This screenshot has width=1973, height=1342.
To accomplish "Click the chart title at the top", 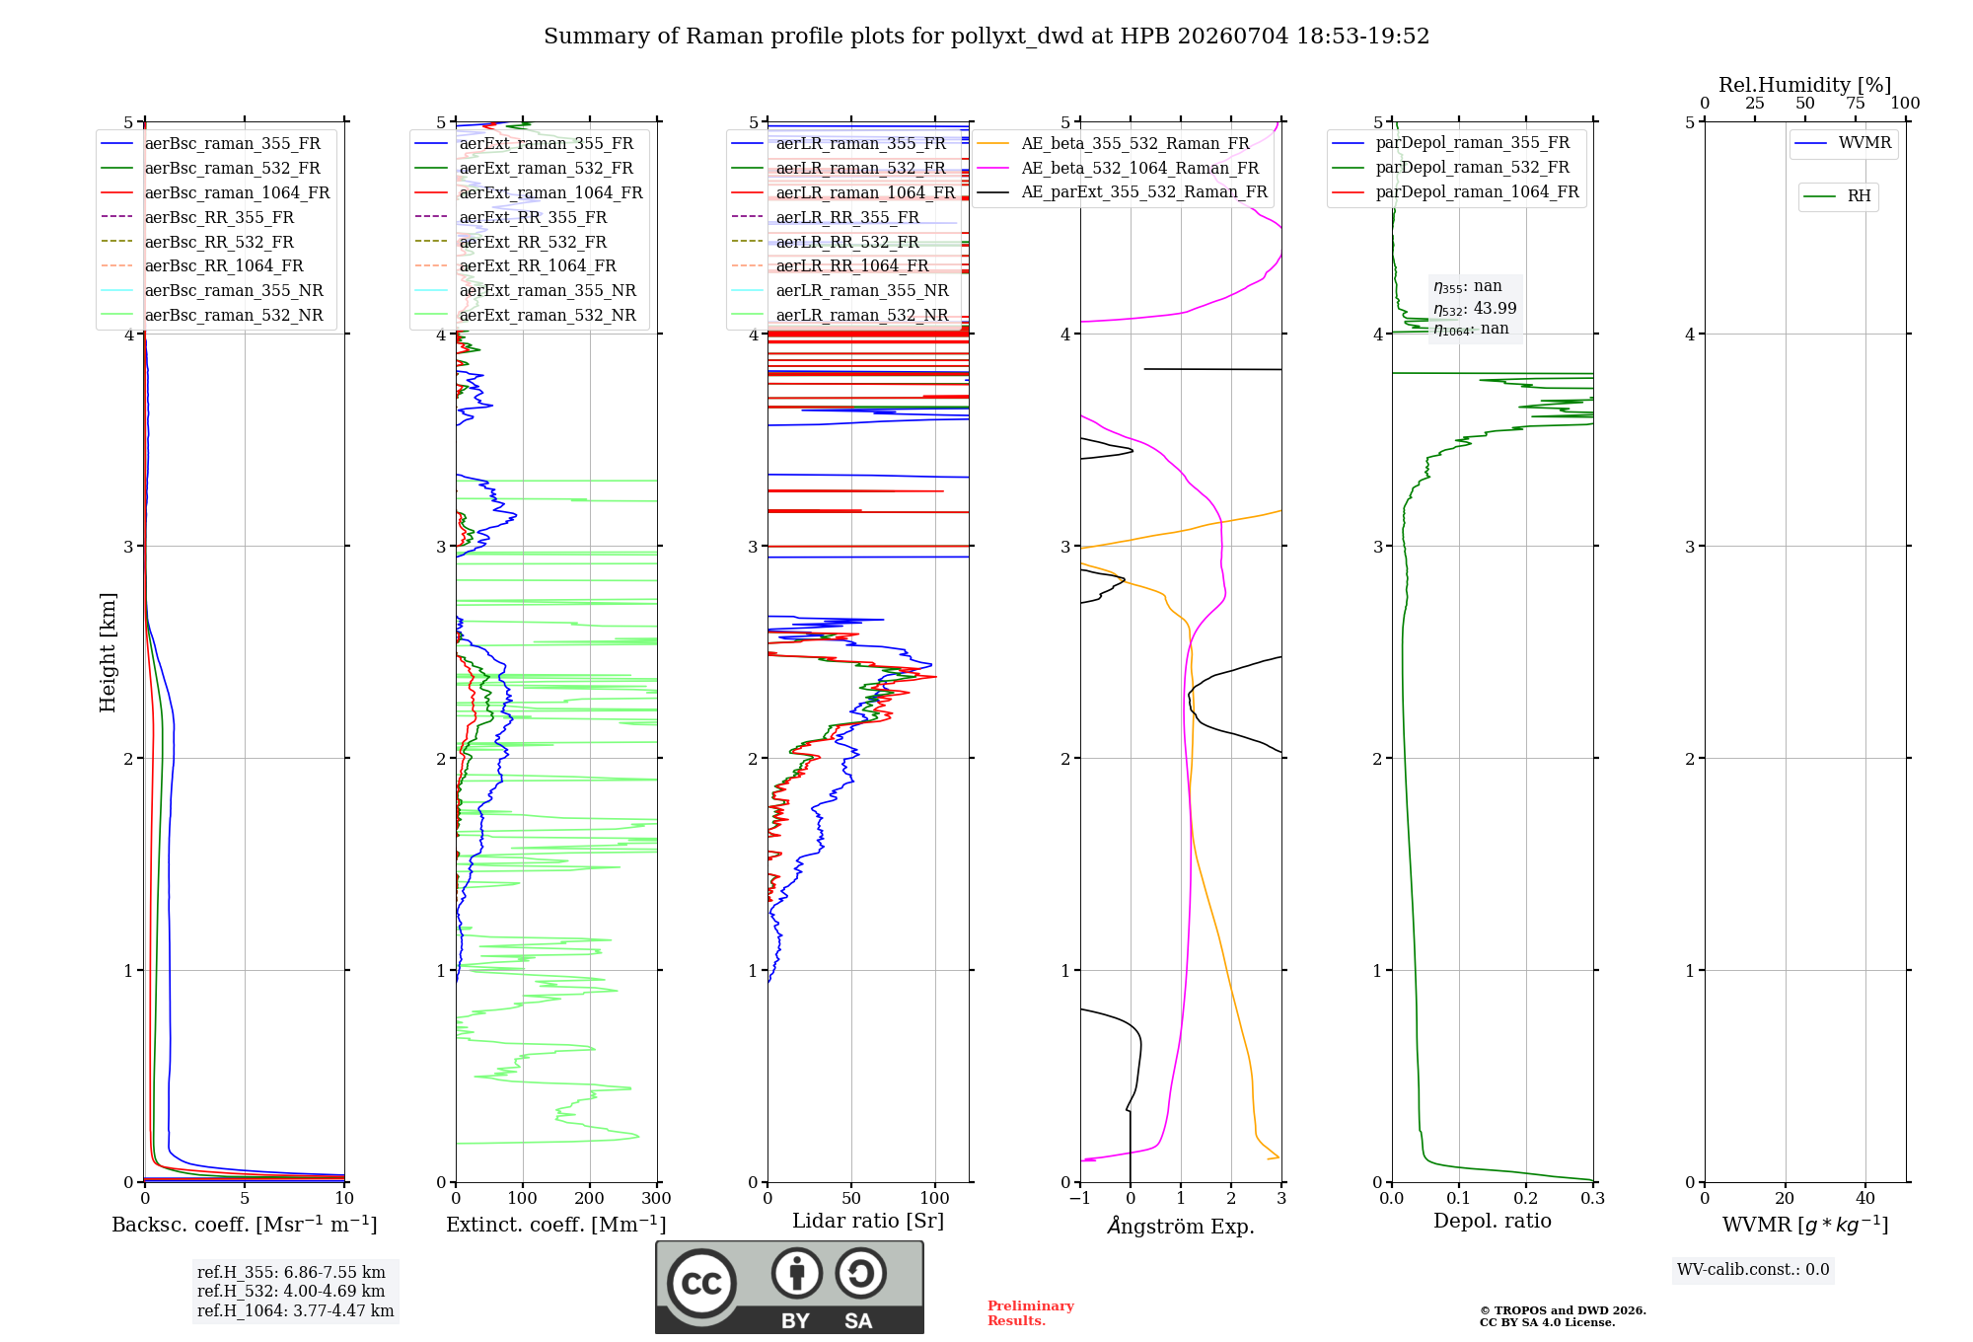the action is (x=986, y=37).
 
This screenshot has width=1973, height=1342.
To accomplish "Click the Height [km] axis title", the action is (x=108, y=652).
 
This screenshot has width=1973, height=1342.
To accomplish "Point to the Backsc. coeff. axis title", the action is (x=245, y=1225).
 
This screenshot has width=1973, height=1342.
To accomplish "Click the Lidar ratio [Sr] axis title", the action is (x=868, y=1222).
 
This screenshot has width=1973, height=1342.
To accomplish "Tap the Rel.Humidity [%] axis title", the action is (x=1804, y=85).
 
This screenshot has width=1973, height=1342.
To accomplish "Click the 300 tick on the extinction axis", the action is (x=656, y=1198).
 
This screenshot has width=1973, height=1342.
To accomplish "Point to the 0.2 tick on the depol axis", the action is (x=1525, y=1198).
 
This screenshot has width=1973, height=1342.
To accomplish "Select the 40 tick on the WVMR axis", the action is (x=1864, y=1198).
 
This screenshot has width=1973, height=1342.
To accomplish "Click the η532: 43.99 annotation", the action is (x=1475, y=308).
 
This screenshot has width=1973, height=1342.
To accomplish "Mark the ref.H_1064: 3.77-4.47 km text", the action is (x=295, y=1311).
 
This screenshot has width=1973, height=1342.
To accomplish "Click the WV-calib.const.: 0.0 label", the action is (x=1753, y=1270).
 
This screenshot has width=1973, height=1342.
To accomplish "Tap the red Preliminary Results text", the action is (x=1031, y=1313).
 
